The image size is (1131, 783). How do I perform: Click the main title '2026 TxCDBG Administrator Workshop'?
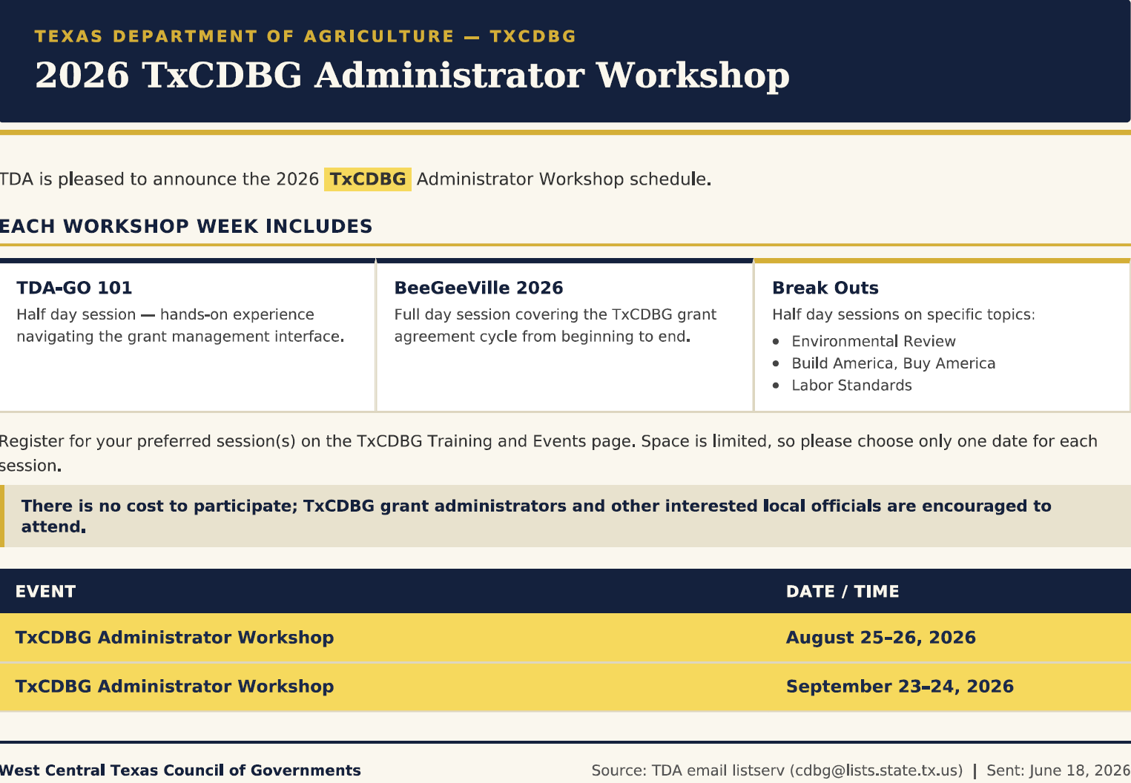coord(412,76)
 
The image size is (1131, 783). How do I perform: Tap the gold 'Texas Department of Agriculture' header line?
coord(305,36)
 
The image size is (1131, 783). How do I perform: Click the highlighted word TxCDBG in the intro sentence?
coord(368,179)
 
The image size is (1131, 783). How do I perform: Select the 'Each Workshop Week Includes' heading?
coord(186,226)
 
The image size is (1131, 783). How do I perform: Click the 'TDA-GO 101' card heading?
coord(74,288)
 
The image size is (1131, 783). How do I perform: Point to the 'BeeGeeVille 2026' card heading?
coord(478,288)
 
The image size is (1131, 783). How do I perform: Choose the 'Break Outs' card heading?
coord(825,288)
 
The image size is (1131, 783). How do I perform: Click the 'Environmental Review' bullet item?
coord(874,341)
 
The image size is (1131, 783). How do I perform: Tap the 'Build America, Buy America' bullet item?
coord(894,363)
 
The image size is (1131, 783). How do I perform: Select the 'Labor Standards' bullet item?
coord(852,385)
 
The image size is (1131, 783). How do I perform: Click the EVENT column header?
coord(45,592)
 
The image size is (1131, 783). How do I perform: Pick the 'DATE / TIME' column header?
coord(843,592)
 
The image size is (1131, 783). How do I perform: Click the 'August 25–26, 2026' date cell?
coord(881,638)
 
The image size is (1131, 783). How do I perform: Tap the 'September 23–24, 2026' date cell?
coord(900,687)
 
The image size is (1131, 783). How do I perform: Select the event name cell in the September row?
coord(175,687)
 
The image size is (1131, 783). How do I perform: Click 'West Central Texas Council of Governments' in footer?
coord(180,770)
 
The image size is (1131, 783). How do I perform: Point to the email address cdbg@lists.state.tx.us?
coord(876,771)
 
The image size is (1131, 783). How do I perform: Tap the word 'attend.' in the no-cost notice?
coord(53,527)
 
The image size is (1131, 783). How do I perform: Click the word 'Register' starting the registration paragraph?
coord(31,442)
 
